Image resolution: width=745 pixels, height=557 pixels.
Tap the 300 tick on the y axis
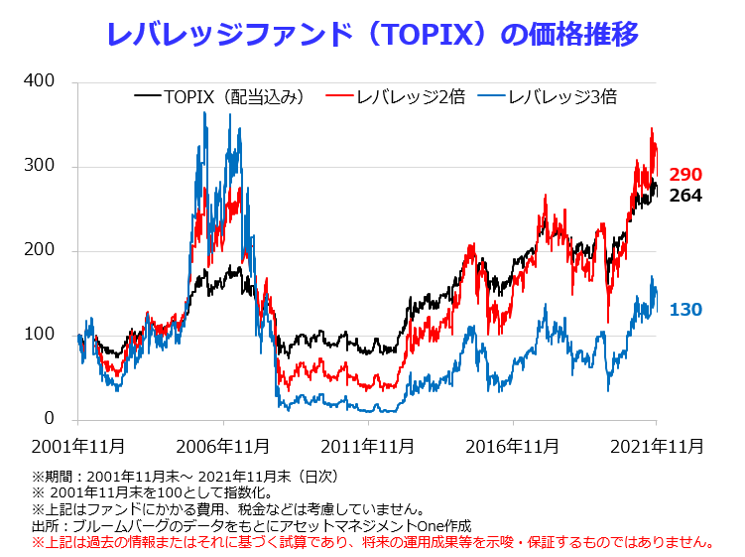(39, 166)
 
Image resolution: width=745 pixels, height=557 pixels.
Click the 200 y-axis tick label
(39, 250)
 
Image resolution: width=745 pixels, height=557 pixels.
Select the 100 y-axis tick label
(39, 335)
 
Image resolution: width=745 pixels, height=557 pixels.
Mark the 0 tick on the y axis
(49, 419)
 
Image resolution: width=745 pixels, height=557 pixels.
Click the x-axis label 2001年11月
(78, 446)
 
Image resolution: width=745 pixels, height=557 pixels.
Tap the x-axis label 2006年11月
(223, 446)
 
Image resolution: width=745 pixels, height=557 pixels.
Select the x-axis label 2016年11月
(512, 446)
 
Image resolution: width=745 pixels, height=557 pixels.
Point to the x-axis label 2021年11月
(656, 446)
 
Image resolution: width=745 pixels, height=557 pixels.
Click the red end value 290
(685, 175)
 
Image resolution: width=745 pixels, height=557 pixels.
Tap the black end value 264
(685, 196)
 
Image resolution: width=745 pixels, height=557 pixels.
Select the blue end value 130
(685, 310)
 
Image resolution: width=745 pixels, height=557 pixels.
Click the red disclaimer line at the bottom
(374, 542)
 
